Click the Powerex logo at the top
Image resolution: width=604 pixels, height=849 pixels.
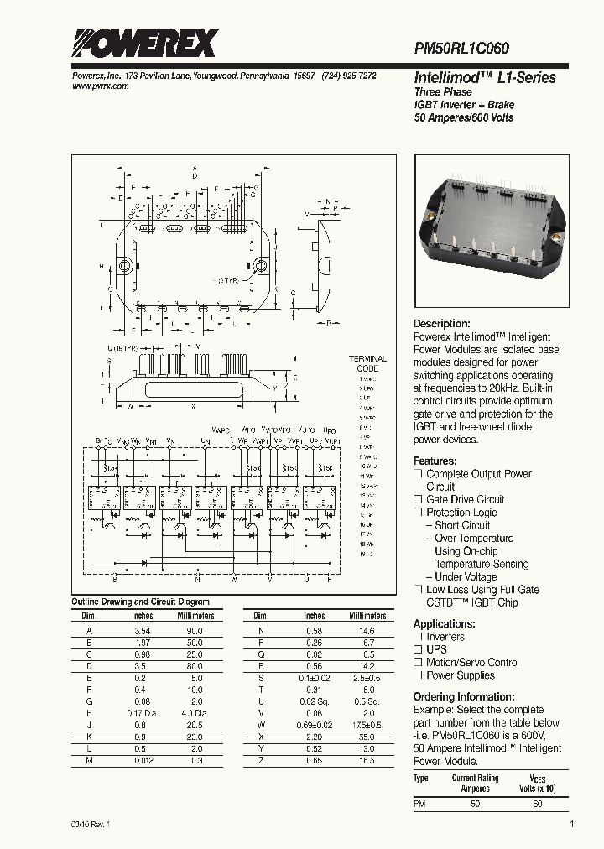[x=144, y=43]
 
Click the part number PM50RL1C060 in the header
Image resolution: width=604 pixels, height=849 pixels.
[x=461, y=49]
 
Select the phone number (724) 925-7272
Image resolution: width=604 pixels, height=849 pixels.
[x=348, y=76]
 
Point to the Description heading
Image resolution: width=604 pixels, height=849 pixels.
[x=441, y=324]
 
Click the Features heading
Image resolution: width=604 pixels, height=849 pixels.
[x=435, y=461]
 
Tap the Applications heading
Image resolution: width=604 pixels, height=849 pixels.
[x=444, y=623]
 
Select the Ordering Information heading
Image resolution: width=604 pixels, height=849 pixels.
[x=463, y=696]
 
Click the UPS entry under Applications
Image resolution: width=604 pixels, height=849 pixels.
[x=437, y=649]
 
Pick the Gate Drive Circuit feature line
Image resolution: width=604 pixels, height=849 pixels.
[x=466, y=499]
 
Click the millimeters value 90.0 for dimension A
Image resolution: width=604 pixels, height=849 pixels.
[x=195, y=630]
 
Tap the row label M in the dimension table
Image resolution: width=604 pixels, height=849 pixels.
[x=89, y=760]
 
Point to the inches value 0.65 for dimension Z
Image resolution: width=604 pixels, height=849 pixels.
[x=315, y=760]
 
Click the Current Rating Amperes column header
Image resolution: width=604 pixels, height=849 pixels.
[x=476, y=784]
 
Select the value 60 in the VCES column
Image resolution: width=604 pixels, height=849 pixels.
[x=538, y=805]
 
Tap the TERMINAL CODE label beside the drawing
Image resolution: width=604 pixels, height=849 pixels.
[x=367, y=363]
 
